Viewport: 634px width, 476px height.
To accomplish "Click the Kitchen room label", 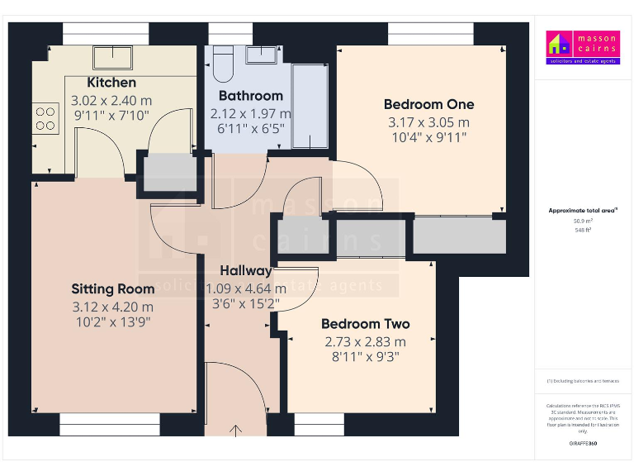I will (x=111, y=83).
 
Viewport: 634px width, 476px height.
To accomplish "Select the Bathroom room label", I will (x=251, y=96).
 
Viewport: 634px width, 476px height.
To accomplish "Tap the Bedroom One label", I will (x=428, y=104).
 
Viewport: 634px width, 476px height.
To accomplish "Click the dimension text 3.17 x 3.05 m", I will (x=428, y=121).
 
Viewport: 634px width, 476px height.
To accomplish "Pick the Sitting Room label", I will (x=112, y=289).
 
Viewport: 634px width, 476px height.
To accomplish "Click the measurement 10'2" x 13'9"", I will (x=112, y=321).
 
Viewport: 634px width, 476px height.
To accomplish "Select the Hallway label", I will (x=245, y=271).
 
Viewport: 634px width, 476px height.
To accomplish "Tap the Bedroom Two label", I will (x=365, y=324).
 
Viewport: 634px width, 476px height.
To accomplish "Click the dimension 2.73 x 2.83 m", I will (x=365, y=340).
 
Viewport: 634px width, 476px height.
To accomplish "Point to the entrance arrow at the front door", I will (x=237, y=429).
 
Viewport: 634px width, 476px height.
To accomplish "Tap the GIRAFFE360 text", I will (x=583, y=445).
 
